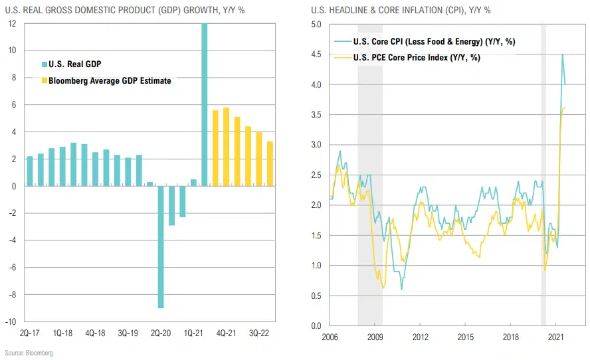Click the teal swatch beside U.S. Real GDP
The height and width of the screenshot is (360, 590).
[44, 64]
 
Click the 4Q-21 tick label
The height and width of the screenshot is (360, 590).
[226, 333]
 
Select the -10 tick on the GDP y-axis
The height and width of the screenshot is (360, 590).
[12, 322]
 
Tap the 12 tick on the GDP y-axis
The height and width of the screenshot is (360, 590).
[13, 23]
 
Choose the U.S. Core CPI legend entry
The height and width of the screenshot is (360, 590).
[435, 42]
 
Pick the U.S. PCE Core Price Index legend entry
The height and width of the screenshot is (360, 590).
[417, 58]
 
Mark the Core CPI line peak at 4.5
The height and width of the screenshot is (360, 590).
[563, 55]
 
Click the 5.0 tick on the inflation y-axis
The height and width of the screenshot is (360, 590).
[316, 25]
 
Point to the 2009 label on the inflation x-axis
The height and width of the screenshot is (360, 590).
[375, 337]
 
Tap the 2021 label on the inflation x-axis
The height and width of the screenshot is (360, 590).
[556, 337]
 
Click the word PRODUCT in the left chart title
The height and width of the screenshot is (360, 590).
[146, 11]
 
